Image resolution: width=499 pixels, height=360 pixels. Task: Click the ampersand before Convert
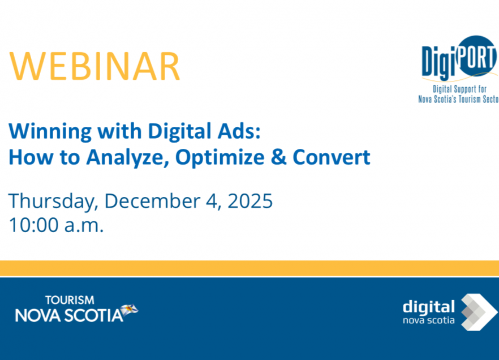tap(278, 157)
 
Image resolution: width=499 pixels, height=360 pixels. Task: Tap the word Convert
tap(331, 157)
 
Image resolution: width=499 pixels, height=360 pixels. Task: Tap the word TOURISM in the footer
tap(70, 300)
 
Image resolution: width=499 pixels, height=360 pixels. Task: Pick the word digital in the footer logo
tap(428, 307)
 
